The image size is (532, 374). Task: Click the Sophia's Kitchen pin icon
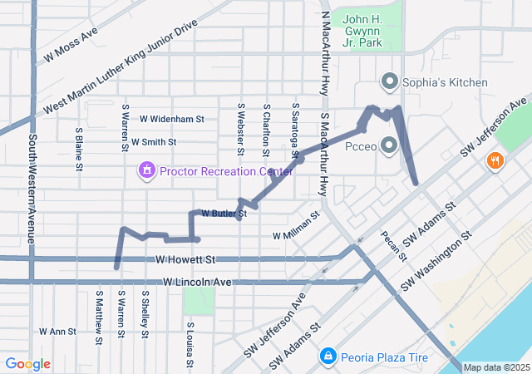coord(389,81)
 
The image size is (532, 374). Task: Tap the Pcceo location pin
coord(389,145)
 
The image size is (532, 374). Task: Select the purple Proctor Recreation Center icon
coord(147,171)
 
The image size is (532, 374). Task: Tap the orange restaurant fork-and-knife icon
coord(495,160)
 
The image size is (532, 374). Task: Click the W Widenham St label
coord(172,120)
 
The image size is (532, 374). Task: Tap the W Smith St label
coord(153,142)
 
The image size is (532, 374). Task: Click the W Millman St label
coord(297,228)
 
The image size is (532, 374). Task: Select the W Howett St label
coord(185,260)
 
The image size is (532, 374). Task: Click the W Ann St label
coord(57,331)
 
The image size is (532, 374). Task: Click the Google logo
coord(27,364)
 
